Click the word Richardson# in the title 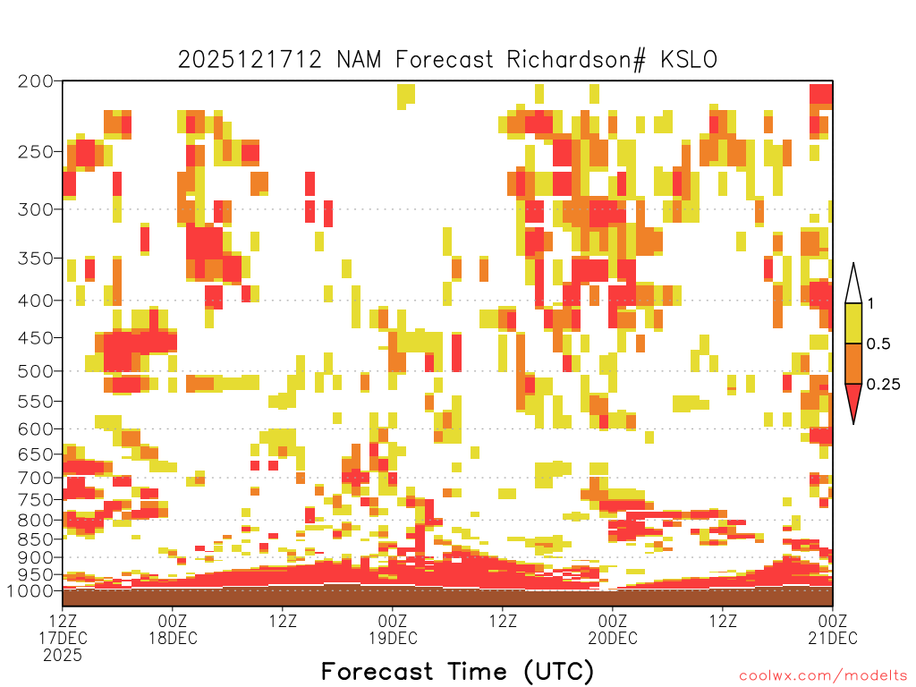coord(576,60)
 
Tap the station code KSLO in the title coord(689,60)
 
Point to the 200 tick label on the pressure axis coord(35,81)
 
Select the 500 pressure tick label coord(35,371)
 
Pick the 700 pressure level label coord(35,478)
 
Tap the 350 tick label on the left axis coord(35,259)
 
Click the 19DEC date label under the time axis coord(393,638)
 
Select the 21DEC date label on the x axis coord(833,638)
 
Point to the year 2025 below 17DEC coord(63,656)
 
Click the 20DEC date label coord(612,638)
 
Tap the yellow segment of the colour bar coord(853,323)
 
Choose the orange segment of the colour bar coord(853,363)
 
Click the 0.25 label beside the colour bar coord(883,385)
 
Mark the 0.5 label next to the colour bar coord(878,343)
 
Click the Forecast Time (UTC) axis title coord(457,671)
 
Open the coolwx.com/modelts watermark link coord(823,676)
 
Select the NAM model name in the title coord(359,60)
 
